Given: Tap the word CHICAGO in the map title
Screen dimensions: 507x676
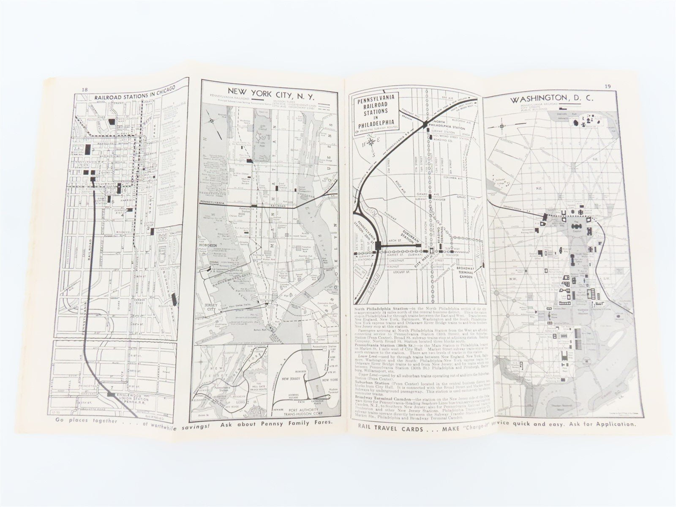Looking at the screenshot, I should point(160,87).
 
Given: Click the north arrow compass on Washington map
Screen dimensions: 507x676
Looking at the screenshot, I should point(502,126).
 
